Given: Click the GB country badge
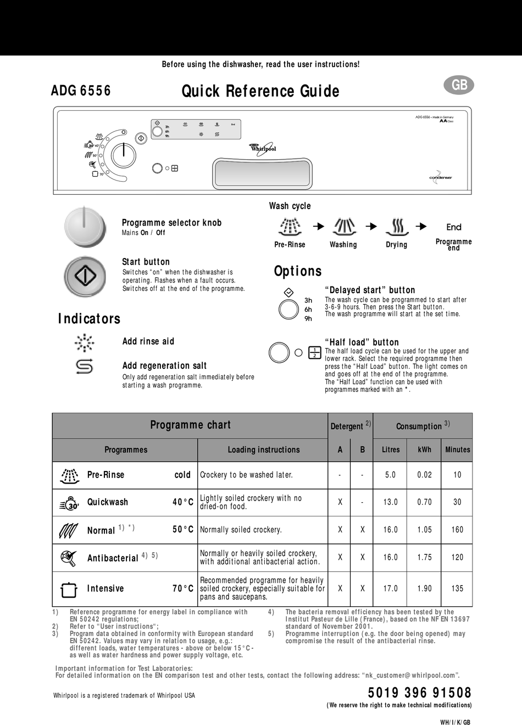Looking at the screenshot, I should (x=459, y=85).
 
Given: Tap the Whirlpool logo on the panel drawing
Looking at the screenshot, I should (x=263, y=148).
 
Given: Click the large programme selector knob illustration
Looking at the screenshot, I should (x=84, y=226).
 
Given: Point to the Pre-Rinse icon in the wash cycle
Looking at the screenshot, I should (x=290, y=226).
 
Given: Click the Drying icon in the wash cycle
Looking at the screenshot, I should (x=396, y=226).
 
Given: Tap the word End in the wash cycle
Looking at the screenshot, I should (x=454, y=227).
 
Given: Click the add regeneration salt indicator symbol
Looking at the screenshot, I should (x=84, y=366).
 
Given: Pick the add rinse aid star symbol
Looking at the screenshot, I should (x=84, y=342).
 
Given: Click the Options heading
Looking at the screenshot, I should (x=298, y=271).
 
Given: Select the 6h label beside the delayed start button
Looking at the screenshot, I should (x=308, y=310).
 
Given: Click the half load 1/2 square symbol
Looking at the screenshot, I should (x=315, y=352).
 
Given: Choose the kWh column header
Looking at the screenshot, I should (x=424, y=449).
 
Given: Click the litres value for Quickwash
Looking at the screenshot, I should (x=390, y=502).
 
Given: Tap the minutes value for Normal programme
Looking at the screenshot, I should (x=457, y=530).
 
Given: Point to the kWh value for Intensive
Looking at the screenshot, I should (x=424, y=588).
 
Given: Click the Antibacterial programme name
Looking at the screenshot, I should (x=113, y=558).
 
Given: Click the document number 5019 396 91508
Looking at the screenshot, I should (x=420, y=693).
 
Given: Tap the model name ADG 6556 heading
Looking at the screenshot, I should (x=81, y=91).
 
